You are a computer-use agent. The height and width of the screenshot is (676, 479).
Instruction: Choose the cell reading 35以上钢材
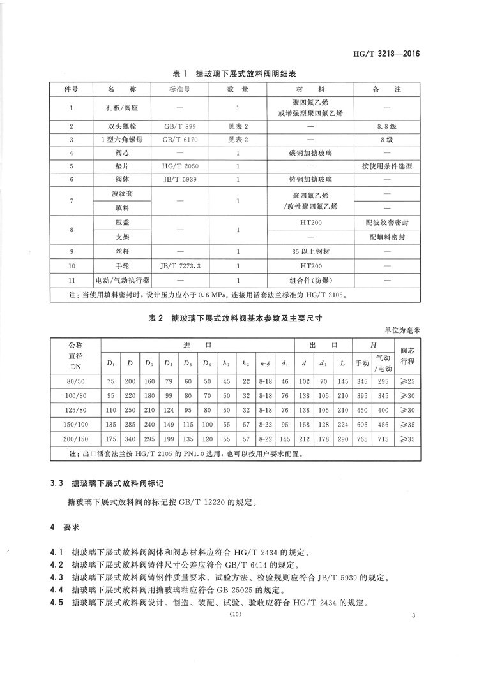(x=309, y=252)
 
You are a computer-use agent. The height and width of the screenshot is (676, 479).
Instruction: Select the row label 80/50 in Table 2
(x=75, y=381)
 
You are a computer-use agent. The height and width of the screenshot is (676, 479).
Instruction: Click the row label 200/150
(x=75, y=439)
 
